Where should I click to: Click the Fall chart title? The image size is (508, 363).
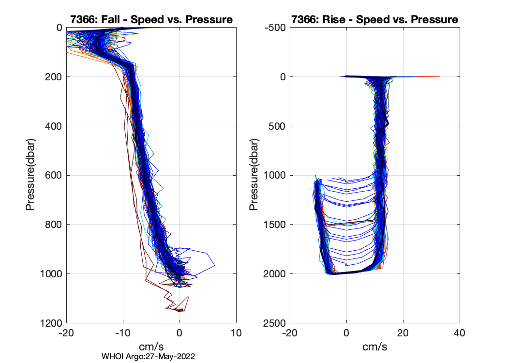[x=151, y=19]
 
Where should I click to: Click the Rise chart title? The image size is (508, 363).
[x=374, y=19]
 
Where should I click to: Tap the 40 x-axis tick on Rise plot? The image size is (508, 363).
[x=460, y=333]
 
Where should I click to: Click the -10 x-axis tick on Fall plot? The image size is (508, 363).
[x=123, y=333]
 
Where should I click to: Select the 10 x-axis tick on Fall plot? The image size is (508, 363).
[x=236, y=333]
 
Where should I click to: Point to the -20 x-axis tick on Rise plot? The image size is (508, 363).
[x=289, y=333]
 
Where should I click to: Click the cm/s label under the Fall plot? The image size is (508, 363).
[x=151, y=347]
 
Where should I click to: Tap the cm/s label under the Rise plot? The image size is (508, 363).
[x=374, y=347]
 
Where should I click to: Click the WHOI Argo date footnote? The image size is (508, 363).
[x=148, y=356]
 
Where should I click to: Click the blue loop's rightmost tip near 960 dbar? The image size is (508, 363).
[x=214, y=265]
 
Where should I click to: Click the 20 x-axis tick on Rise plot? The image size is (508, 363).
[x=403, y=333]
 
